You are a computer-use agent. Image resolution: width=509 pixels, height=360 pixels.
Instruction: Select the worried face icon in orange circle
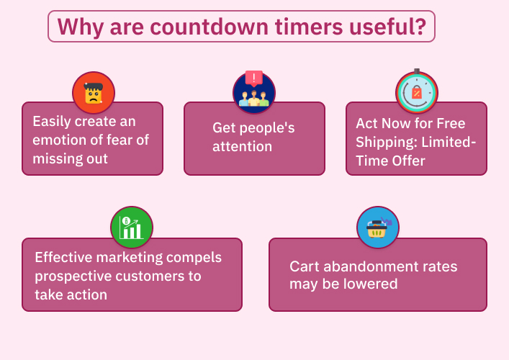tap(93, 93)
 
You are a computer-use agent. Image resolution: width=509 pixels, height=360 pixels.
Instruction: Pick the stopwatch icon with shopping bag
tap(416, 93)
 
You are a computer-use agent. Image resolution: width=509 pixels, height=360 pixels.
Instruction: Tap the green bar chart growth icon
tap(132, 228)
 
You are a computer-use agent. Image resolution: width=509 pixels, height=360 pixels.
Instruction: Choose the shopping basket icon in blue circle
tap(377, 228)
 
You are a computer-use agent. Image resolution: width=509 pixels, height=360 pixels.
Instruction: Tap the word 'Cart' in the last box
tap(304, 266)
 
